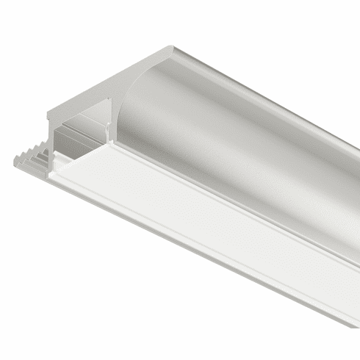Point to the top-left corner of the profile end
(x=50, y=108)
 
